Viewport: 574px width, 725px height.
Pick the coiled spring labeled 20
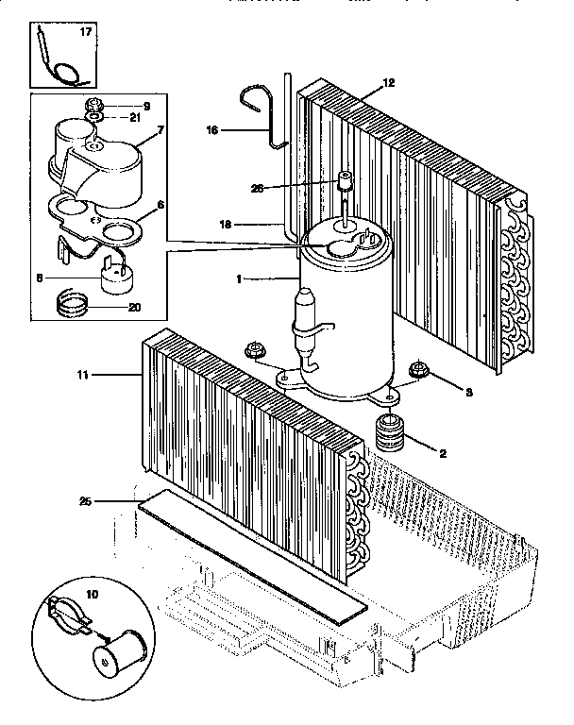pyautogui.click(x=70, y=304)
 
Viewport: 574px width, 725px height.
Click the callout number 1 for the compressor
pyautogui.click(x=239, y=278)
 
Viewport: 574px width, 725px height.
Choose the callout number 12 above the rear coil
pyautogui.click(x=388, y=83)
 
